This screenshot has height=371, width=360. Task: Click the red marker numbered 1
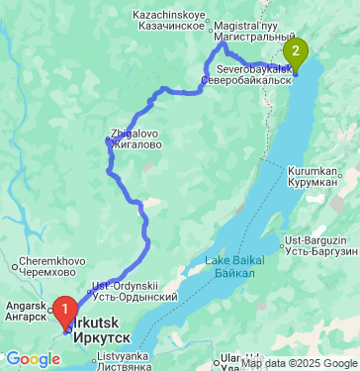(66, 310)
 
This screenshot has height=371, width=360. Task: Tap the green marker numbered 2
(295, 51)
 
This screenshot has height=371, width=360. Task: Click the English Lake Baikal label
(231, 259)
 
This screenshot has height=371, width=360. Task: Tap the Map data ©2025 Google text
(299, 364)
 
